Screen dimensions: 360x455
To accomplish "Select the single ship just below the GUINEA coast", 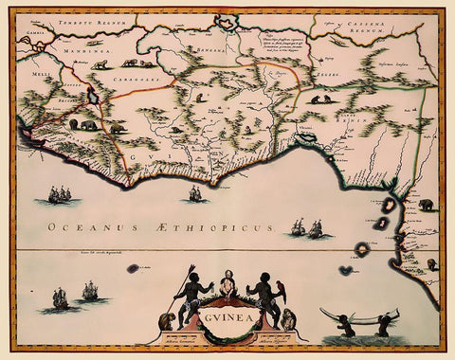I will click(195, 194).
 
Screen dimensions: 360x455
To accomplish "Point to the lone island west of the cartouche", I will click(134, 268).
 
